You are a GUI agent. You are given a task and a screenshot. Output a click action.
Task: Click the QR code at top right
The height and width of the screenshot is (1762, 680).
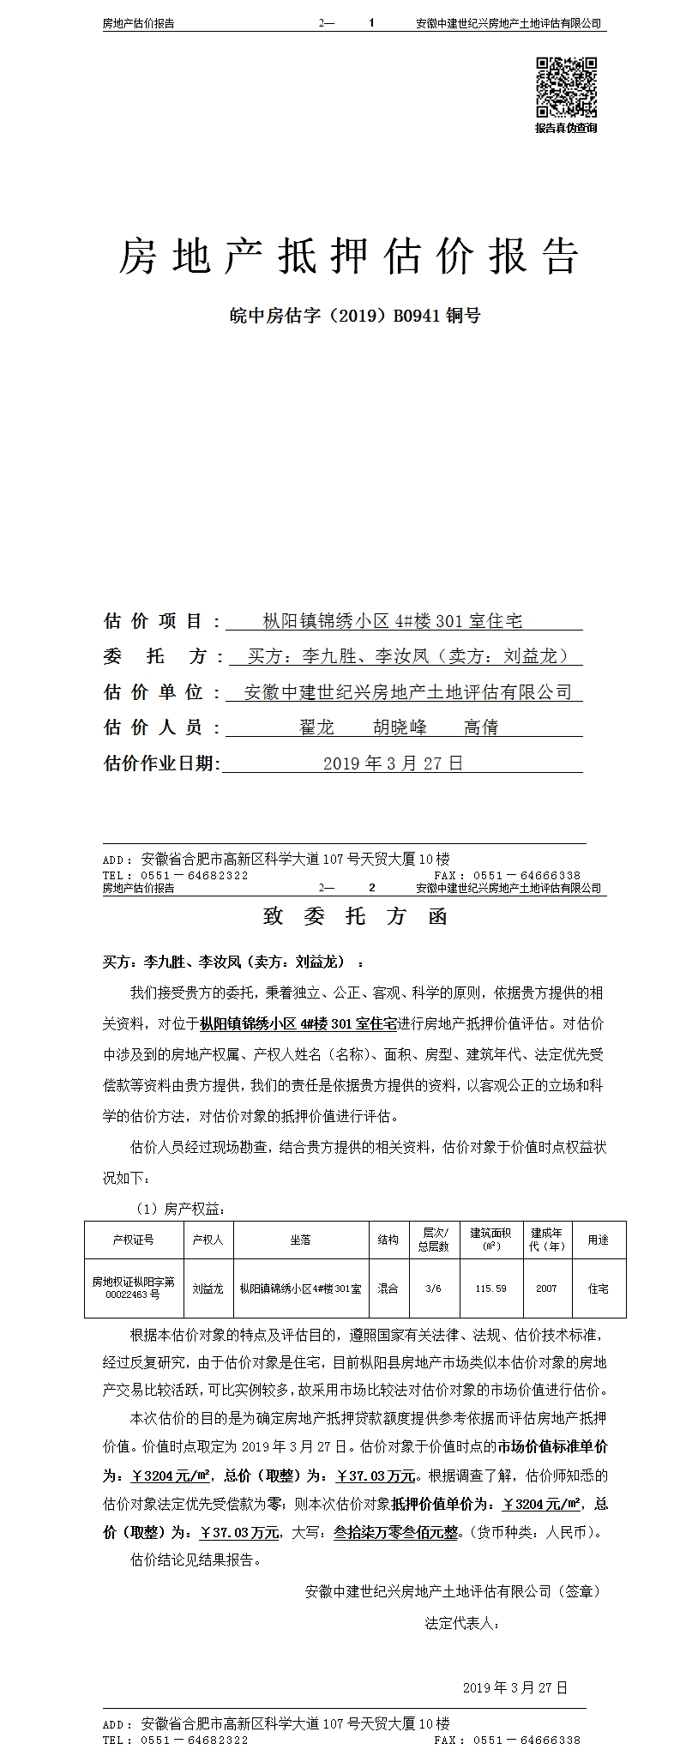(567, 87)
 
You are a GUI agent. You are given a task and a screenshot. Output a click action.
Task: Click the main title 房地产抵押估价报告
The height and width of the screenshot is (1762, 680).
(348, 256)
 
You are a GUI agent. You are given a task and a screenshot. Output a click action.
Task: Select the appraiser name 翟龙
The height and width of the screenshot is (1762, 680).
(316, 727)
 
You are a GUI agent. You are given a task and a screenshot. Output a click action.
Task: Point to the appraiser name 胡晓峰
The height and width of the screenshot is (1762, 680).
(400, 727)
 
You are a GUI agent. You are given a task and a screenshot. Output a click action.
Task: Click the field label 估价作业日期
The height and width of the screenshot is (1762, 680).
(161, 763)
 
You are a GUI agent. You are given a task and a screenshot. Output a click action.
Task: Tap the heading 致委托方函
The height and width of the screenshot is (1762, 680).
(355, 917)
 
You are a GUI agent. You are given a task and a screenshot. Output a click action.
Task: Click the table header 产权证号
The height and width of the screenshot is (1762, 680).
(133, 1240)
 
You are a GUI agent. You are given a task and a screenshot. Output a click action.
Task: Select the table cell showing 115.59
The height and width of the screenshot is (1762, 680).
(490, 1288)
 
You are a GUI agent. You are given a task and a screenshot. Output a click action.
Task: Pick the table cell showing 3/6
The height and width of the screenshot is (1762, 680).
(433, 1288)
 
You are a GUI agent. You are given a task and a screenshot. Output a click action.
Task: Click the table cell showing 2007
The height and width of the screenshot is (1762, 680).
(546, 1288)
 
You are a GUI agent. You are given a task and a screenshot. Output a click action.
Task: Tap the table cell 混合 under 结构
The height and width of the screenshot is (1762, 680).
(388, 1288)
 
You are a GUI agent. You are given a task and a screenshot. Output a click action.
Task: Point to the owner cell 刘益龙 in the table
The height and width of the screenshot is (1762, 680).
(208, 1288)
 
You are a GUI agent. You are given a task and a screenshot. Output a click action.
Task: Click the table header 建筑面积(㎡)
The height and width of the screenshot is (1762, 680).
(490, 1240)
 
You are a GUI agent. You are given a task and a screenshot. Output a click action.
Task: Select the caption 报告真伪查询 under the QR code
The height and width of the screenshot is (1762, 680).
(566, 129)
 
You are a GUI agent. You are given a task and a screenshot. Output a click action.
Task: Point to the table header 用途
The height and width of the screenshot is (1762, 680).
(598, 1240)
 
